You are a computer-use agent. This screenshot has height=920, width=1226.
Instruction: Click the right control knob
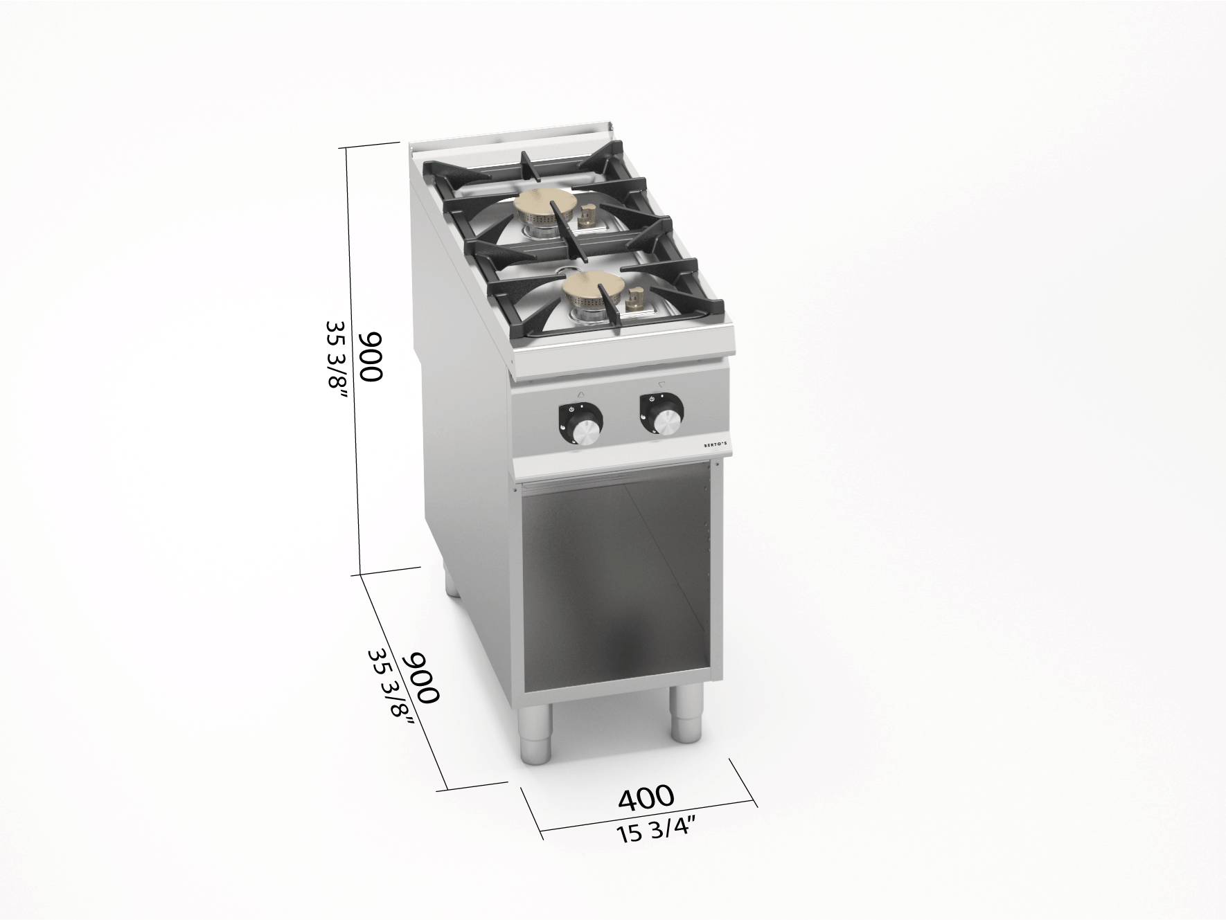coord(661,415)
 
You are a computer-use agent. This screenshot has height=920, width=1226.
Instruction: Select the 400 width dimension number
coord(645,797)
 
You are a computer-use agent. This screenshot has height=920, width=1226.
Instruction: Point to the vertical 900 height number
coord(371,356)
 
